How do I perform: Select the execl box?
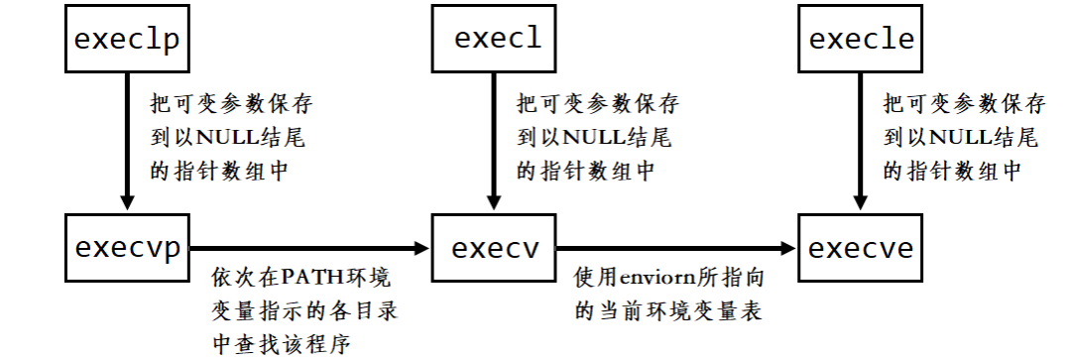[497, 40]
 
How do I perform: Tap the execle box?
[861, 40]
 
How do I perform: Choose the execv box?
[495, 247]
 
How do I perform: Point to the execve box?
[861, 247]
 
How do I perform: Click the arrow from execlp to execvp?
[126, 139]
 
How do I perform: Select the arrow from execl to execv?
[494, 139]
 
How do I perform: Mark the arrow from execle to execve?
[859, 139]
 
